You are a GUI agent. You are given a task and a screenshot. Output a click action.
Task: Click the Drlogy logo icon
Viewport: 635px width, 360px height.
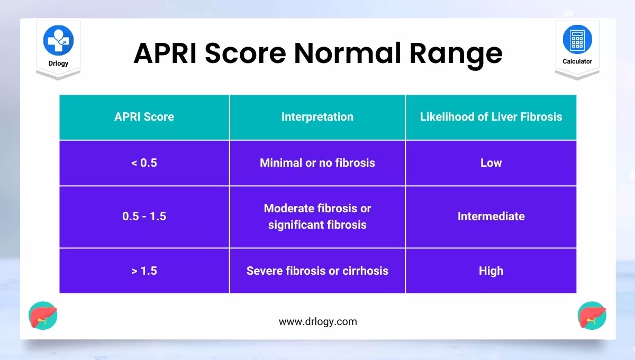click(58, 40)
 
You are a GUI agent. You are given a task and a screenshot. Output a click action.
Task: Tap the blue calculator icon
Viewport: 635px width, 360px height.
click(577, 39)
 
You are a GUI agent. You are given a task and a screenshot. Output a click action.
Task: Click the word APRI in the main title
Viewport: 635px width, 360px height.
click(165, 53)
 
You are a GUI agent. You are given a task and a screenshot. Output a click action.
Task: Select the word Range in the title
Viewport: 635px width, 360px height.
click(456, 55)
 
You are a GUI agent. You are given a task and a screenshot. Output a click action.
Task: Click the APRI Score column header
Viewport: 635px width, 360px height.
click(144, 117)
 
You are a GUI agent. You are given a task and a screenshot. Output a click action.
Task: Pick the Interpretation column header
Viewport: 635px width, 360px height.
click(317, 117)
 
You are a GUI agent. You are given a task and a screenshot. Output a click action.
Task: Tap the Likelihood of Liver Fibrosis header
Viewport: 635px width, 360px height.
click(491, 117)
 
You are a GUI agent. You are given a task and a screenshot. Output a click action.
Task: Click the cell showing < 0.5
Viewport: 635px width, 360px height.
click(144, 163)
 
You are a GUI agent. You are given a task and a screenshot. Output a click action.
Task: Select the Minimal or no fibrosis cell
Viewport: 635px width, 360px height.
click(317, 163)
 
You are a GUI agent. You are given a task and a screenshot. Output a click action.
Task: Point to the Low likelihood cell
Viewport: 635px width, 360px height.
click(491, 163)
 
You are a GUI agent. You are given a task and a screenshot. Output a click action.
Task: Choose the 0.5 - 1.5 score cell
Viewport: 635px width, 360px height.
click(144, 217)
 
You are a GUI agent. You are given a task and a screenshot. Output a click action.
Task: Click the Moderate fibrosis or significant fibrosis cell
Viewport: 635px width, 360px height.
click(317, 217)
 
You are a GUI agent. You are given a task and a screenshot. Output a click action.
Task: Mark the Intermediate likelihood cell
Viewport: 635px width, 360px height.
click(491, 217)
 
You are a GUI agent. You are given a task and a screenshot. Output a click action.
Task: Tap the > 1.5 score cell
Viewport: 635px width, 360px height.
click(144, 271)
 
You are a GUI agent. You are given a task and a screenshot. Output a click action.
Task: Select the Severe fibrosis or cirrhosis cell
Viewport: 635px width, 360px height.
click(317, 271)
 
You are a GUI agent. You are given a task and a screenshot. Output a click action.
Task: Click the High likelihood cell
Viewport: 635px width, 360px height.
click(491, 271)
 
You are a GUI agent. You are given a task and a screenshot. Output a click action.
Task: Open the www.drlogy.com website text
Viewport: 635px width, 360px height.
click(318, 322)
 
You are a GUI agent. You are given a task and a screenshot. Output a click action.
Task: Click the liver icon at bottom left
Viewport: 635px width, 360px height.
click(43, 316)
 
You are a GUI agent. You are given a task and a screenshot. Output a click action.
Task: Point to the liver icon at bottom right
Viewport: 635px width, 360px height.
click(592, 316)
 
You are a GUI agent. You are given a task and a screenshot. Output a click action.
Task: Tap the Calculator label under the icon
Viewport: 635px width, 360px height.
click(577, 61)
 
